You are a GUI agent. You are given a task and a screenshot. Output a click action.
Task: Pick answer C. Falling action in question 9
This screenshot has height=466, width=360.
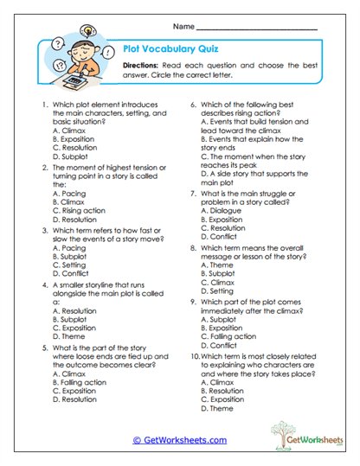coord(231,336)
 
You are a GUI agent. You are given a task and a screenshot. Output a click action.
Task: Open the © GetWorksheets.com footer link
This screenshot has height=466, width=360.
coord(180,439)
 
